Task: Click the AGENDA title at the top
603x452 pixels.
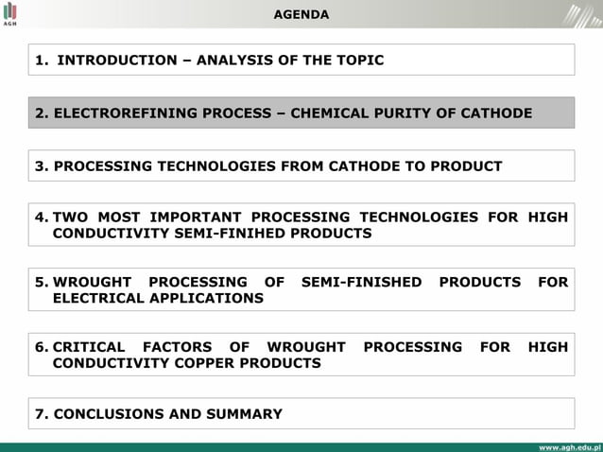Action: pos(301,14)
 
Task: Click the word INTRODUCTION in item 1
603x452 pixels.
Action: pos(116,60)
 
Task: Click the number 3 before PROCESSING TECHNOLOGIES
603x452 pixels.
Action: pos(40,166)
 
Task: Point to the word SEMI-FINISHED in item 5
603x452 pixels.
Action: pos(361,282)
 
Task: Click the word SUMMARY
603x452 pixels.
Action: pos(243,413)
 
